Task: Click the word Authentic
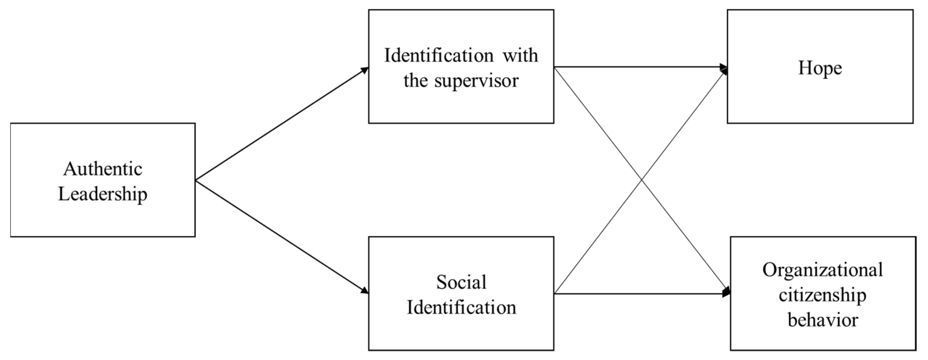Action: (x=103, y=169)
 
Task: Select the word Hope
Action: (x=820, y=68)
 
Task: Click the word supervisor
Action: (x=476, y=80)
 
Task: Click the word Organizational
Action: (x=822, y=270)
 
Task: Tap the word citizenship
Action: (x=822, y=295)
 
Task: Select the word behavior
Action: (x=822, y=320)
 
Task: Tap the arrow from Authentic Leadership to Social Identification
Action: (x=281, y=236)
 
